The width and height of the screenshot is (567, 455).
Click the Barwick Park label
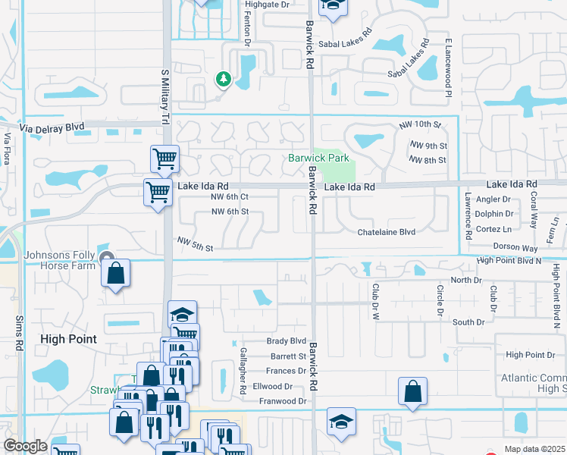pyautogui.click(x=318, y=158)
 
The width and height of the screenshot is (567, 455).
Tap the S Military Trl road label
pyautogui.click(x=164, y=99)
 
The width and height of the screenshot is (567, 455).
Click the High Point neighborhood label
pyautogui.click(x=68, y=339)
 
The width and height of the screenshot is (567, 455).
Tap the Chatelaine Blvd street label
pyautogui.click(x=387, y=232)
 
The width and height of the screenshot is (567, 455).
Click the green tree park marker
pyautogui.click(x=223, y=79)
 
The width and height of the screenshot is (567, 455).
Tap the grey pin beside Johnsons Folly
pyautogui.click(x=108, y=258)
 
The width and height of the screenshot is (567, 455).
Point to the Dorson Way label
pyautogui.click(x=516, y=248)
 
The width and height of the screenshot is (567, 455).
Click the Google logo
pyautogui.click(x=25, y=446)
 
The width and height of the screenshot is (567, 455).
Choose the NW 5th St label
pyautogui.click(x=196, y=243)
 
